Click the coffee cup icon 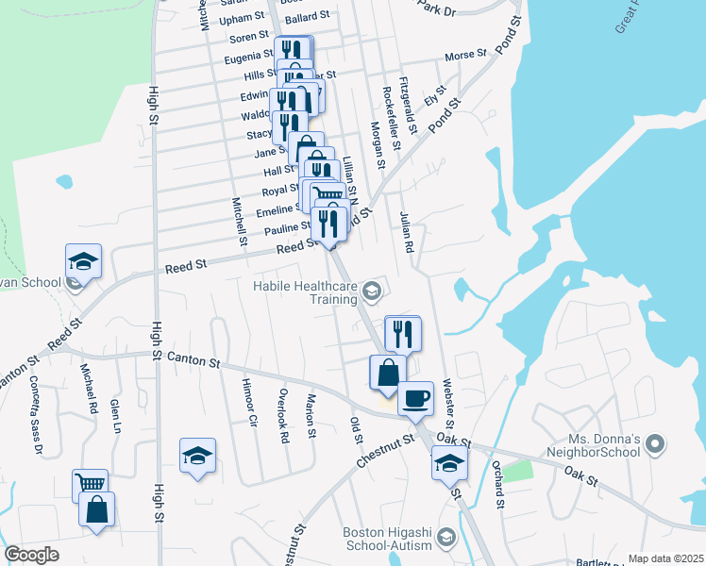[415, 397]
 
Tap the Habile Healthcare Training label [304, 292]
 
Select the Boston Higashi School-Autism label [387, 539]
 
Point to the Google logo [32, 554]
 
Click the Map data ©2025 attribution [665, 558]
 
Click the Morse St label [464, 56]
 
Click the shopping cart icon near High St [91, 484]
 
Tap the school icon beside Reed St [83, 261]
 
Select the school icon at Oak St [450, 463]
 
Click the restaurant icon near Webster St [402, 332]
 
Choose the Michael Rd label [90, 389]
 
